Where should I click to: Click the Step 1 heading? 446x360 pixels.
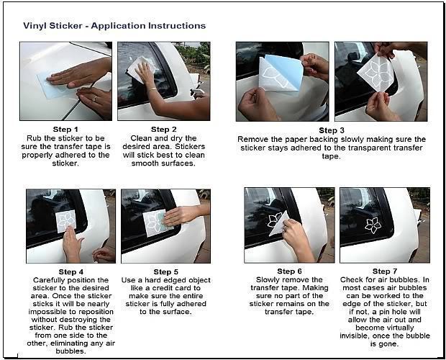click(x=65, y=129)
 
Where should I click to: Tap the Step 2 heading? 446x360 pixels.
click(x=163, y=129)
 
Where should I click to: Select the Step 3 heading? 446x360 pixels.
click(x=332, y=130)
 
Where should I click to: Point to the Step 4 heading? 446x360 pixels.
click(x=70, y=271)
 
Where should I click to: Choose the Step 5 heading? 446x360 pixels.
click(x=166, y=271)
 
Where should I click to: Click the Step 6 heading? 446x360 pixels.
click(x=289, y=271)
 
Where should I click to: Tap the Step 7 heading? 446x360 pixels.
click(x=385, y=271)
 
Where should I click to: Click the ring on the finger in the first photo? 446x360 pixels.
click(x=94, y=99)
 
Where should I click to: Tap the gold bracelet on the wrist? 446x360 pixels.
click(x=153, y=90)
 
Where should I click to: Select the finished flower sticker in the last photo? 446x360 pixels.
click(x=373, y=225)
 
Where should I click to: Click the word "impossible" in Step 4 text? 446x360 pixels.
click(x=47, y=312)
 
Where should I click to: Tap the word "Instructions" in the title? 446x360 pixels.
click(x=177, y=26)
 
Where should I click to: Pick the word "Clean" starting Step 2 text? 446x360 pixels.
click(x=140, y=138)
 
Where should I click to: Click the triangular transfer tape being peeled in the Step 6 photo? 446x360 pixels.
click(x=278, y=224)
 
